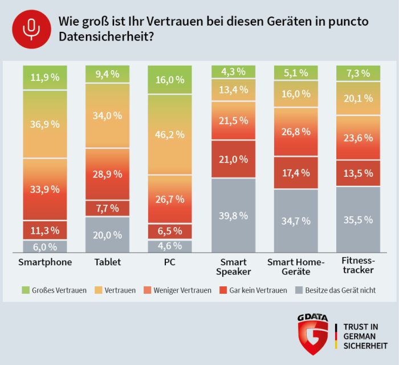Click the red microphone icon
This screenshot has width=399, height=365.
(28, 29)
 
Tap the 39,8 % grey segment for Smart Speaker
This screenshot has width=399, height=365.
(233, 215)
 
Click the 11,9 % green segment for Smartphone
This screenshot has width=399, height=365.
(45, 77)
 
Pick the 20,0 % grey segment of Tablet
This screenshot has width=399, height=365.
(108, 234)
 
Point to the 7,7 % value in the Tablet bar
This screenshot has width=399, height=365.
(108, 208)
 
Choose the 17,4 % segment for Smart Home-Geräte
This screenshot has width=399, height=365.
(296, 172)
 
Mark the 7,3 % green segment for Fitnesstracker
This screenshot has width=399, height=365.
(359, 73)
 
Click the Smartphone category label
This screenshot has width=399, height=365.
(45, 262)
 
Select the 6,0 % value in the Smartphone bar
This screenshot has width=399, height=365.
(45, 246)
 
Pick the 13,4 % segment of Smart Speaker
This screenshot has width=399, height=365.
(233, 89)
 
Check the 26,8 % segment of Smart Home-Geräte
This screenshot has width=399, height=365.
(296, 132)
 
